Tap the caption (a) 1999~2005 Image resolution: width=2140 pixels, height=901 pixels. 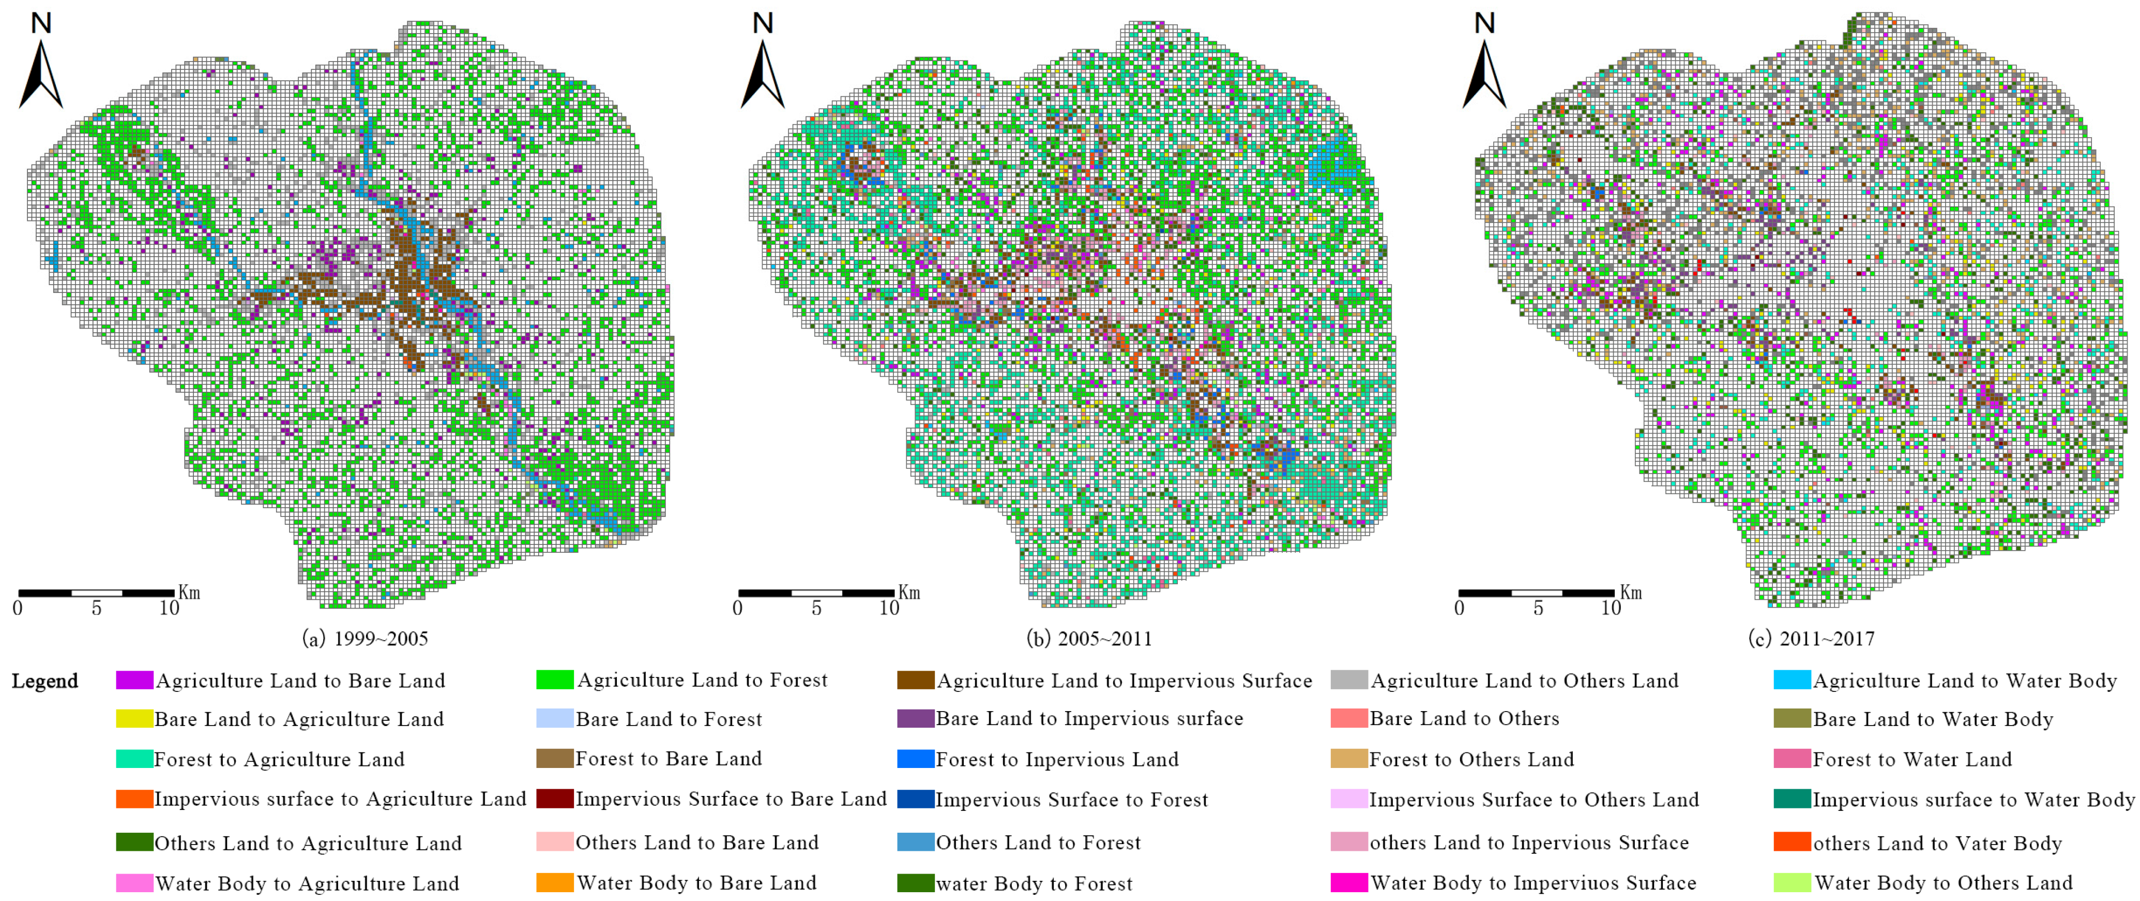(366, 638)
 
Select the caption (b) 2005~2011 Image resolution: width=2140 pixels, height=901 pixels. (1089, 638)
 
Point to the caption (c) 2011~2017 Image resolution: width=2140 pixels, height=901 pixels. (1811, 638)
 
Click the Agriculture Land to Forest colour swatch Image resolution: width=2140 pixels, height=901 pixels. (554, 680)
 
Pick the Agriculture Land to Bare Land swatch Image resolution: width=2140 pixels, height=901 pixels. (134, 681)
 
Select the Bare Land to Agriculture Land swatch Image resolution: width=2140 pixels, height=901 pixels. (134, 719)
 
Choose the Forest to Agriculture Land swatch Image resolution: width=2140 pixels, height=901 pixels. (134, 759)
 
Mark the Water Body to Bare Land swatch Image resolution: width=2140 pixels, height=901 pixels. (554, 883)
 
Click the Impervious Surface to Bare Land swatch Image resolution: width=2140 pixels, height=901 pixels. (554, 799)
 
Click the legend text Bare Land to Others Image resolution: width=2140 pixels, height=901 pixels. (1464, 719)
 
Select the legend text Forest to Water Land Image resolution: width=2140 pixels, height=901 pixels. (1911, 759)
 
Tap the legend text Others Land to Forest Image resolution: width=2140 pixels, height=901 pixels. (1038, 843)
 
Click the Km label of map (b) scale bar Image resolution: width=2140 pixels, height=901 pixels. (909, 593)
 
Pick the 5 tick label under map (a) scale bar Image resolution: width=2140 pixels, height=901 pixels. (96, 609)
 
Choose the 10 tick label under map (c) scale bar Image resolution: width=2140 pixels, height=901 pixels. (1611, 609)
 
